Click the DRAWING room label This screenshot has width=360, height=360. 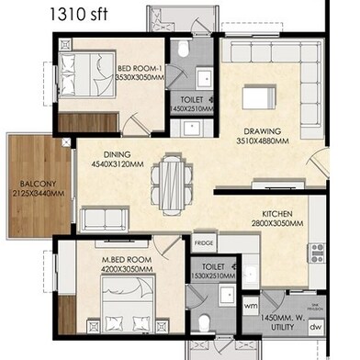pos(262,130)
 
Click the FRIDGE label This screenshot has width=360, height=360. pos(204,243)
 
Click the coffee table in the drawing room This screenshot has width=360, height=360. pos(260,95)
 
